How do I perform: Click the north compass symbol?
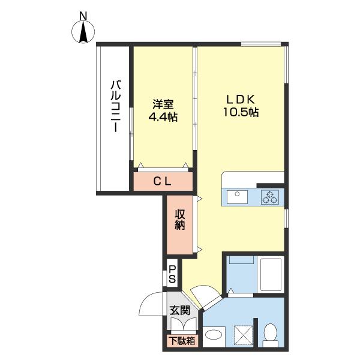pyautogui.click(x=83, y=32)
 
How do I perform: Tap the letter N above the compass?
pyautogui.click(x=83, y=16)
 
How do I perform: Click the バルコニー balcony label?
pyautogui.click(x=115, y=106)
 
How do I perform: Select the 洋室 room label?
pyautogui.click(x=163, y=104)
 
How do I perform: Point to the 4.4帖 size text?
pyautogui.click(x=163, y=117)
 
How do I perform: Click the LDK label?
pyautogui.click(x=241, y=100)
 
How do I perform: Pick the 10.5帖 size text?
pyautogui.click(x=241, y=112)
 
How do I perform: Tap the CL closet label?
pyautogui.click(x=163, y=182)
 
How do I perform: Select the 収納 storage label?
pyautogui.click(x=180, y=219)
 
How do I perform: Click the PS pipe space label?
pyautogui.click(x=172, y=274)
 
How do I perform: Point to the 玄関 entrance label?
pyautogui.click(x=180, y=311)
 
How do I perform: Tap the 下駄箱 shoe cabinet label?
pyautogui.click(x=182, y=341)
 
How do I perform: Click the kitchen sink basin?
pyautogui.click(x=237, y=197)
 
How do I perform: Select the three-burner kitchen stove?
pyautogui.click(x=270, y=197)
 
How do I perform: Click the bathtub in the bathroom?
pyautogui.click(x=271, y=275)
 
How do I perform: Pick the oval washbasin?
pyautogui.click(x=214, y=334)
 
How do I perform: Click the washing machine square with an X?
pyautogui.click(x=244, y=335)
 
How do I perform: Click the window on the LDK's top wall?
pyautogui.click(x=261, y=44)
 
